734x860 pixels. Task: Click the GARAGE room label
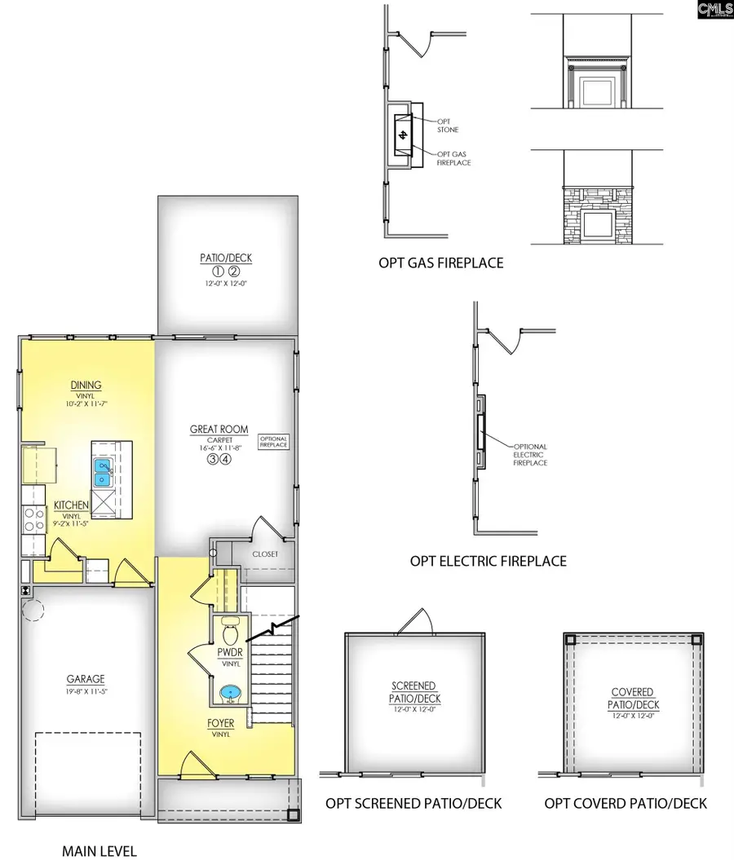86,678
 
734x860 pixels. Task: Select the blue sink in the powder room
232,694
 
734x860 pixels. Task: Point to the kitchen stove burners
35,519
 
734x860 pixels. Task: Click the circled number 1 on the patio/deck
219,271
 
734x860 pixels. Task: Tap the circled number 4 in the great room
227,460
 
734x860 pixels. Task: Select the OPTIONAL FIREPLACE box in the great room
273,442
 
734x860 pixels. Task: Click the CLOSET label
264,554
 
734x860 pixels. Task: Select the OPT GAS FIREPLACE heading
440,262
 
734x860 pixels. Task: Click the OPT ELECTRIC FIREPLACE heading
488,561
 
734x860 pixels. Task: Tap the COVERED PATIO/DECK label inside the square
633,698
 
